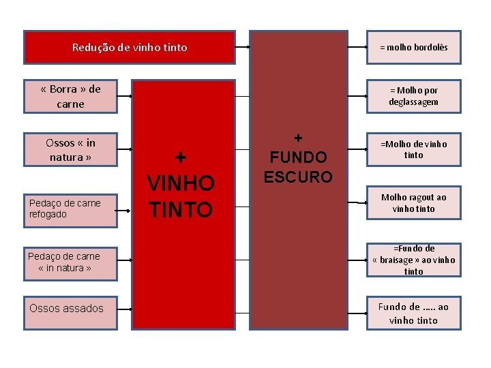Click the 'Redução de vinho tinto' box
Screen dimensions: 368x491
click(130, 48)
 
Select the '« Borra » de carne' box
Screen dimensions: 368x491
click(71, 96)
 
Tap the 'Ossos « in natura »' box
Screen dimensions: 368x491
click(70, 150)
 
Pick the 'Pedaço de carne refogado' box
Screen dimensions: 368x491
click(70, 209)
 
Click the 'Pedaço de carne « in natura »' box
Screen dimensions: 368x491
click(70, 262)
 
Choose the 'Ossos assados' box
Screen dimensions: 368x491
click(70, 308)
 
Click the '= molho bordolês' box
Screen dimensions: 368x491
click(413, 48)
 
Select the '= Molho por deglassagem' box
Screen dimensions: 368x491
click(413, 96)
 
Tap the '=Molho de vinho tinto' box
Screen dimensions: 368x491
click(413, 149)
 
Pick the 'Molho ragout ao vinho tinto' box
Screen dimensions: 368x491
click(413, 202)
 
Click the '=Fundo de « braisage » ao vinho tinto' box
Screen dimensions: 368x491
click(413, 260)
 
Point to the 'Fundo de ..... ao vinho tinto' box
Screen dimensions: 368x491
click(413, 313)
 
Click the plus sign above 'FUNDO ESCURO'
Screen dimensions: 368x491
click(298, 137)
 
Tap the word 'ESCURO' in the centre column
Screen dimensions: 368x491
click(298, 177)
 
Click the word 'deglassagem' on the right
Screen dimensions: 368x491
click(414, 102)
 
